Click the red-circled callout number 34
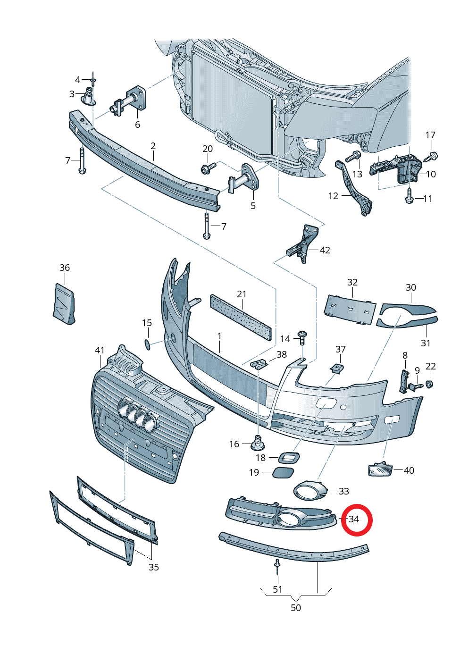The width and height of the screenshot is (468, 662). click(354, 520)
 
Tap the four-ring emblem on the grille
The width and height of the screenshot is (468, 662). click(137, 415)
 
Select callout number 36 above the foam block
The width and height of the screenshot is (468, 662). click(65, 268)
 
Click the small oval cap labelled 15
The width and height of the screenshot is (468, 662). click(147, 344)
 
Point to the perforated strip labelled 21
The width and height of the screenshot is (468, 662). click(241, 317)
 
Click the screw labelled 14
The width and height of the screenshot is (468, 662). click(302, 338)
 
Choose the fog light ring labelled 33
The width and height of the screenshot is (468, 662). click(310, 491)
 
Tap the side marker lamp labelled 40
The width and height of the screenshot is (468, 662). click(380, 469)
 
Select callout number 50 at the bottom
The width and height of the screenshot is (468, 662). click(296, 608)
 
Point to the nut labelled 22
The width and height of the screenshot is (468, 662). click(429, 384)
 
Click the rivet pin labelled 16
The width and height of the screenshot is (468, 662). click(258, 442)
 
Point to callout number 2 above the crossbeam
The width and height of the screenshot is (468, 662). click(153, 146)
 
